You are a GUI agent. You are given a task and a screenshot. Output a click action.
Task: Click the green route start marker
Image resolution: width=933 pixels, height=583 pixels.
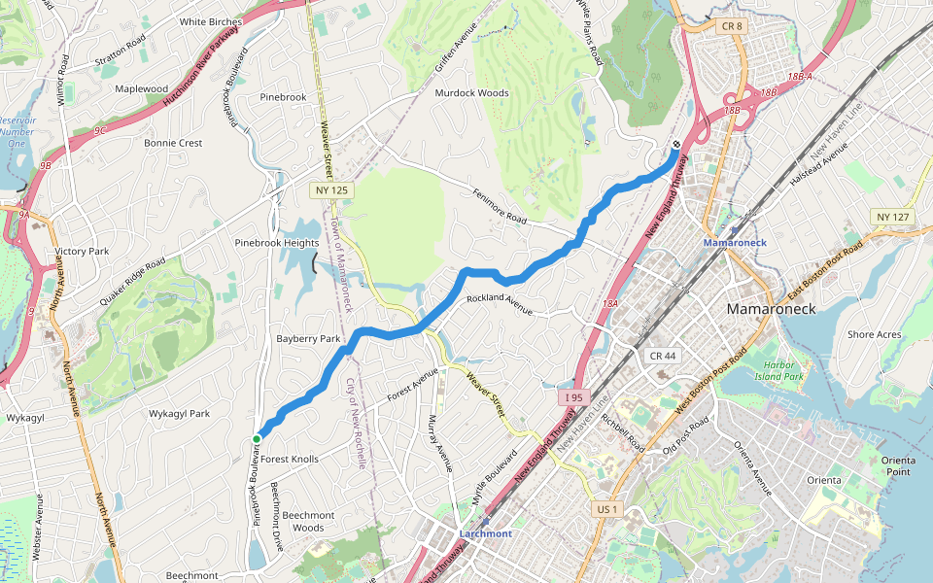257,439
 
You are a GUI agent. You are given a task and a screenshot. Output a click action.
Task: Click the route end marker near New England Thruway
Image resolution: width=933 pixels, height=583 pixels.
676,145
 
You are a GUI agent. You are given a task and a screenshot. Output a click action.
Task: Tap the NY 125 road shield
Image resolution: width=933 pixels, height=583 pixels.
331,190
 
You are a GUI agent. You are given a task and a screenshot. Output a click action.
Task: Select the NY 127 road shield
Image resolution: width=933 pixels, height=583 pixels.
892,217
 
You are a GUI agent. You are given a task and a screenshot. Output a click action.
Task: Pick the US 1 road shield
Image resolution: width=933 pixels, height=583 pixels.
605,509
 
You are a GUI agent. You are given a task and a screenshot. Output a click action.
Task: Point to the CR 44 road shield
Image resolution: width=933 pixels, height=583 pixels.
663,356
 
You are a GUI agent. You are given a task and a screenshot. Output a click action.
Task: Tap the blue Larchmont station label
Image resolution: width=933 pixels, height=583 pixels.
485,533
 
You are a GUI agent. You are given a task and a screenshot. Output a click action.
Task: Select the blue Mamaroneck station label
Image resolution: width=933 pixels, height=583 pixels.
735,241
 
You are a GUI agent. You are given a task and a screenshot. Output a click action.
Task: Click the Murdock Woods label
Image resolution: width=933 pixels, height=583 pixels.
471,93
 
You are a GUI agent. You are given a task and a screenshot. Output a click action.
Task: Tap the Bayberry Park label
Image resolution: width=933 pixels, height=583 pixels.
308,339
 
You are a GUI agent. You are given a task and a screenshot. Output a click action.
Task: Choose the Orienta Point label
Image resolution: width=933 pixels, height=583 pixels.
898,465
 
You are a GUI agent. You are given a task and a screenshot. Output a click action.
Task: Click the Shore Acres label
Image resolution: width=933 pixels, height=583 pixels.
874,334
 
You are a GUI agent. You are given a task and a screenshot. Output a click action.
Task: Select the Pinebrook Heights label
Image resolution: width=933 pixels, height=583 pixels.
277,243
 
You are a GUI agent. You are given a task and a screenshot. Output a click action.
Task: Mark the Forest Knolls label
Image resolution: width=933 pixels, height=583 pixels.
290,459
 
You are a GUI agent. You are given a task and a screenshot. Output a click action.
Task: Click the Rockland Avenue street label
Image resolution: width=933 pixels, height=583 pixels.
500,305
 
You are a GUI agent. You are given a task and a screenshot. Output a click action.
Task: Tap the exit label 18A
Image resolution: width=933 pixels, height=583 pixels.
610,304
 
